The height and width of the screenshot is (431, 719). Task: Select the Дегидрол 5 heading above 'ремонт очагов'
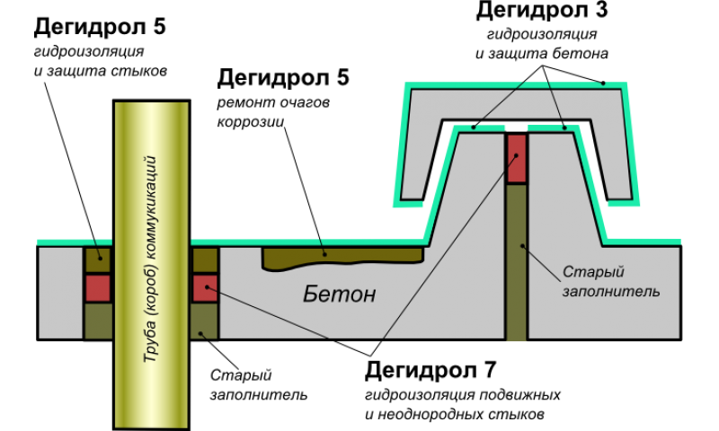click(282, 77)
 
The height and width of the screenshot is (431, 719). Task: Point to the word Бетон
click(337, 295)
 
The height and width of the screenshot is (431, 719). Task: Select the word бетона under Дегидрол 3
click(584, 54)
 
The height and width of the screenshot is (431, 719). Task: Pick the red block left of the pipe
click(98, 288)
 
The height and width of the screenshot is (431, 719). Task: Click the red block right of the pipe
click(205, 288)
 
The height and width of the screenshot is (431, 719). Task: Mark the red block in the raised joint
click(516, 158)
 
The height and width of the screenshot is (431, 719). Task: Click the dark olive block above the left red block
click(98, 259)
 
